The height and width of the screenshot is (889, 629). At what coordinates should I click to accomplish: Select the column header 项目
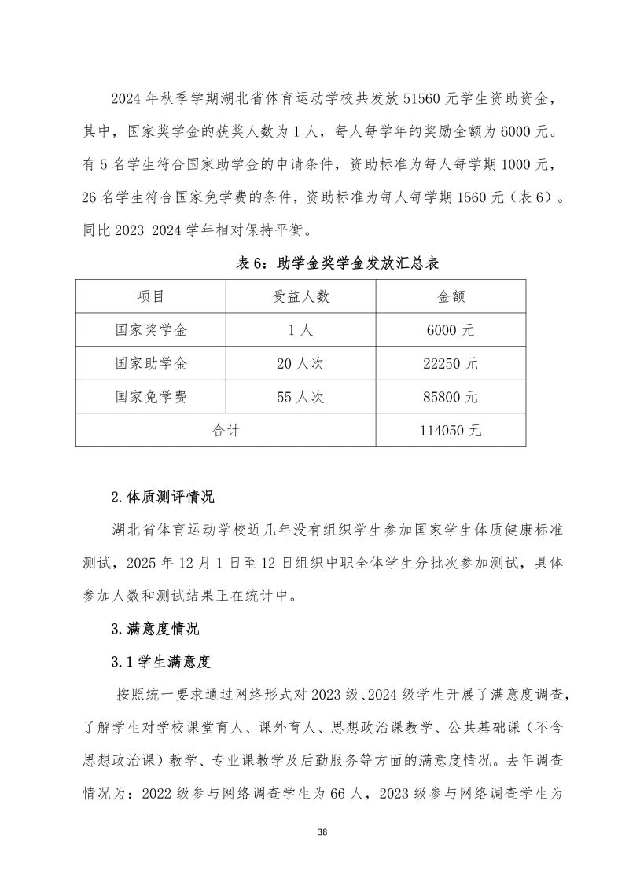click(151, 296)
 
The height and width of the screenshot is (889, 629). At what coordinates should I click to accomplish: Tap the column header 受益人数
click(300, 296)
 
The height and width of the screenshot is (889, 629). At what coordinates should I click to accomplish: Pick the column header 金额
click(451, 296)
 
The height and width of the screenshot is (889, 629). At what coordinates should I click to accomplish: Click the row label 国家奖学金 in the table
click(151, 330)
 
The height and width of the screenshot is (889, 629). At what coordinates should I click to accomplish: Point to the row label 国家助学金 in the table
click(151, 364)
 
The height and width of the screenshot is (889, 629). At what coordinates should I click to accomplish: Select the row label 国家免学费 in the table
click(151, 398)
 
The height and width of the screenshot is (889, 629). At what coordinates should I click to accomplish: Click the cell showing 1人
click(300, 330)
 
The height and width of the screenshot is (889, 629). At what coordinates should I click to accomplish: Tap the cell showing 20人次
click(300, 364)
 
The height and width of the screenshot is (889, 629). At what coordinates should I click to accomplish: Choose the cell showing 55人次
click(300, 398)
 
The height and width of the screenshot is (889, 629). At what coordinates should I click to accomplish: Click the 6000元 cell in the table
click(451, 330)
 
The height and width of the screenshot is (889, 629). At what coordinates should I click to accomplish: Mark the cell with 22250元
click(451, 364)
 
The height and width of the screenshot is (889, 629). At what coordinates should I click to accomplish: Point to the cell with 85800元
click(451, 398)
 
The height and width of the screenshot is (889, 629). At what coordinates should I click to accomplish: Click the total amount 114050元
click(451, 431)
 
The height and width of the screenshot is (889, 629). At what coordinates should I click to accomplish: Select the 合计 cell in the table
click(226, 431)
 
